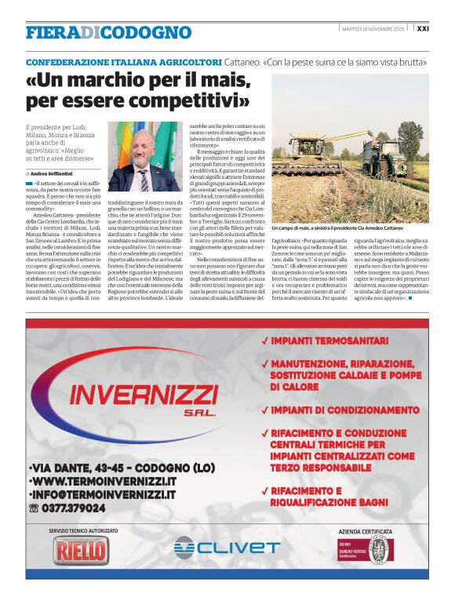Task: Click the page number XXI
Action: (x=423, y=28)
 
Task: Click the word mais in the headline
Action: (x=225, y=81)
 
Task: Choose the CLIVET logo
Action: (x=226, y=547)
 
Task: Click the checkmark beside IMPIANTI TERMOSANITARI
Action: (x=267, y=341)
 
